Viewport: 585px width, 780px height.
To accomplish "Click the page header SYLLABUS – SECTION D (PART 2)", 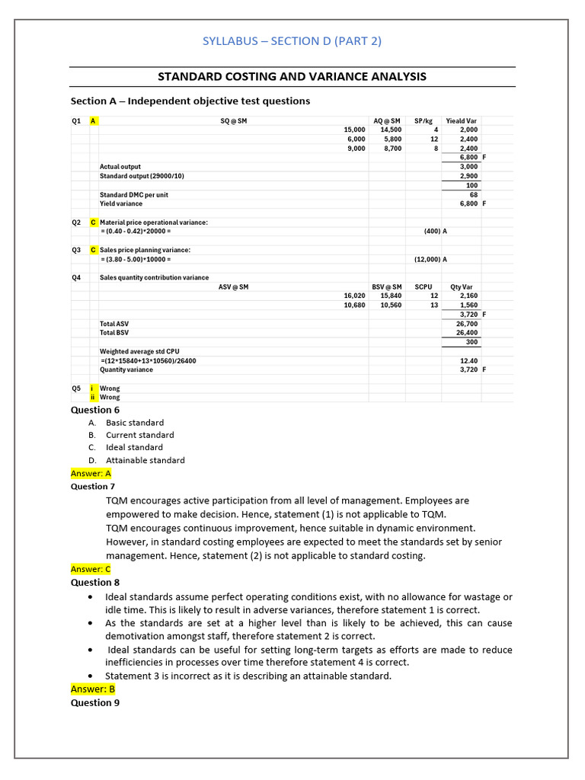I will click(292, 41).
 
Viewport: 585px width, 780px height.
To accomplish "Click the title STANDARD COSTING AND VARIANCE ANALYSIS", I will click(292, 77).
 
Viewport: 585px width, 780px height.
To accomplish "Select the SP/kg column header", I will click(424, 121).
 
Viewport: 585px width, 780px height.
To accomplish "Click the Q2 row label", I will click(76, 222).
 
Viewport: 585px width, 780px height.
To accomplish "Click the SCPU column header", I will click(424, 287).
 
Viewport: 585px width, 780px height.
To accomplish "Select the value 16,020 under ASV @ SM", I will click(354, 296).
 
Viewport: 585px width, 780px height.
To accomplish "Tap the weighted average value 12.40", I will click(469, 361).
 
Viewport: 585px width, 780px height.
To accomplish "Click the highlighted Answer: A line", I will click(91, 473).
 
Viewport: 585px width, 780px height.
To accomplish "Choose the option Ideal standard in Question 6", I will click(134, 447).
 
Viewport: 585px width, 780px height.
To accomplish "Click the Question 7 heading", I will click(93, 486).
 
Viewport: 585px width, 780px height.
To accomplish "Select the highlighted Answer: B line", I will click(92, 689).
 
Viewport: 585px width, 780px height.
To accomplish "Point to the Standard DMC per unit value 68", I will click(473, 194).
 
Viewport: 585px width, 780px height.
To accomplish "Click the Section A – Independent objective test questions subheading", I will click(190, 101).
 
